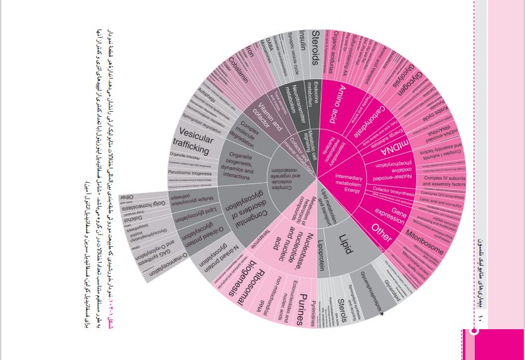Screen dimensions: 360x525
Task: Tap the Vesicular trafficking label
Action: click(x=190, y=140)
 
